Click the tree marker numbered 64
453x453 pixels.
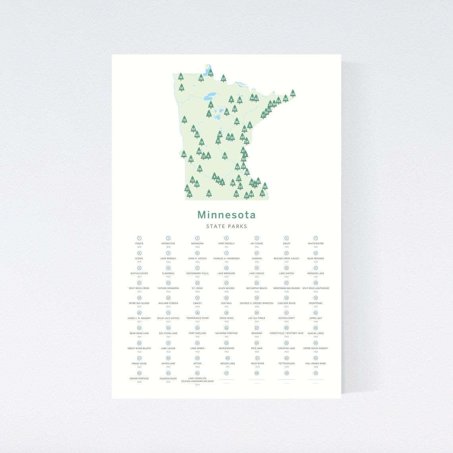click(293, 93)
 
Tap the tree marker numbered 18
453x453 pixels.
click(181, 77)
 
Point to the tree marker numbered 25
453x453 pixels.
click(209, 194)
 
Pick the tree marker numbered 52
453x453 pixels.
click(225, 156)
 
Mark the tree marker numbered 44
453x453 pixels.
click(184, 154)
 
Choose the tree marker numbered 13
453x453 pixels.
click(262, 193)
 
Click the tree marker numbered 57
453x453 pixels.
click(223, 78)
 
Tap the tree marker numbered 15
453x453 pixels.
click(184, 120)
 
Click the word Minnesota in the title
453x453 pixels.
click(226, 215)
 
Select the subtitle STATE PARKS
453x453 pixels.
click(226, 226)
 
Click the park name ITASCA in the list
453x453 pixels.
click(139, 244)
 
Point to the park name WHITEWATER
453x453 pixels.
click(316, 244)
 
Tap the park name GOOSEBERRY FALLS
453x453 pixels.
click(197, 273)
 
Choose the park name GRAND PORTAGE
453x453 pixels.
click(139, 378)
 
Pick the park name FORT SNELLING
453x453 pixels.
click(197, 333)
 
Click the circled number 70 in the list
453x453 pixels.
click(316, 373)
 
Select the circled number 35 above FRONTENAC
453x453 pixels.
click(316, 298)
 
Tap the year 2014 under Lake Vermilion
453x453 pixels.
click(197, 385)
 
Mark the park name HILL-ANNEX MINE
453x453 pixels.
click(316, 363)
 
